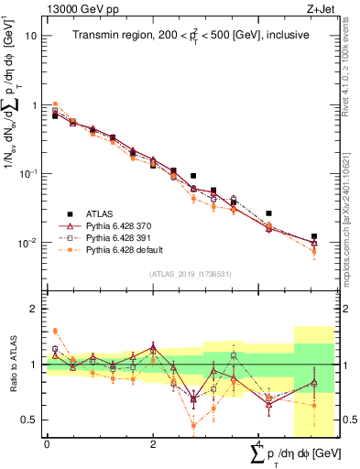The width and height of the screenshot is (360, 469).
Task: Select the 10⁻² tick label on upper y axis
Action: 29,243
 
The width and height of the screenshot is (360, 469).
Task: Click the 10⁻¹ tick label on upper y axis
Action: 29,173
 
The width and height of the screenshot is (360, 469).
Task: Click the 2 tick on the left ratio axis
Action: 37,310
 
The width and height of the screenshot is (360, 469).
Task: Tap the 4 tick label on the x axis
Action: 258,444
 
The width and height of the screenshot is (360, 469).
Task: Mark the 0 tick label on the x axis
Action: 47,444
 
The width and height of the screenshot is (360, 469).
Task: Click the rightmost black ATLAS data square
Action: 314,236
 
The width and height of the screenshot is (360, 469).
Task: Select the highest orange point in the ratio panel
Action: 55,331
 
